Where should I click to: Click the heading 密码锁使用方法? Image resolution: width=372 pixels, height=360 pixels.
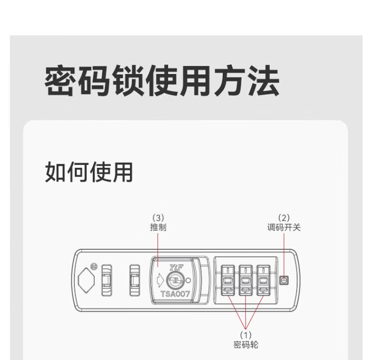coord(162,81)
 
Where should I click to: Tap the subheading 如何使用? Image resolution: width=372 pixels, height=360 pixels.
coord(89,172)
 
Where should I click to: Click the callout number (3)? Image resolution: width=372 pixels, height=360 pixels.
coord(158,217)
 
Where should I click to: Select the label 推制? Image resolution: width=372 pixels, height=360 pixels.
coord(158,227)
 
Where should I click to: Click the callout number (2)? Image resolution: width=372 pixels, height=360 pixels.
coord(284,217)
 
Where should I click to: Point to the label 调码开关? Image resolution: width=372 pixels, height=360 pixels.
coord(284,227)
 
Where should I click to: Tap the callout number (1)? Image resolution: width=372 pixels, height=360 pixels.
coord(246,335)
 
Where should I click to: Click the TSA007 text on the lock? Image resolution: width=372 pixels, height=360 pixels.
coord(175,293)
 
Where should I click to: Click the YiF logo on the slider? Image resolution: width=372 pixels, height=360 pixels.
coord(176,267)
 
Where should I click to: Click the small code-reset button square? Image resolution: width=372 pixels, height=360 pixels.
coord(284,280)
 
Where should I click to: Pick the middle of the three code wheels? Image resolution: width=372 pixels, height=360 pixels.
coord(245,280)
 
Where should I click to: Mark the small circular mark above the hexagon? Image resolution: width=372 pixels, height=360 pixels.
coord(94,266)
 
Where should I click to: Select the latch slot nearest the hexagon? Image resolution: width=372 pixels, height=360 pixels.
coord(107,281)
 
